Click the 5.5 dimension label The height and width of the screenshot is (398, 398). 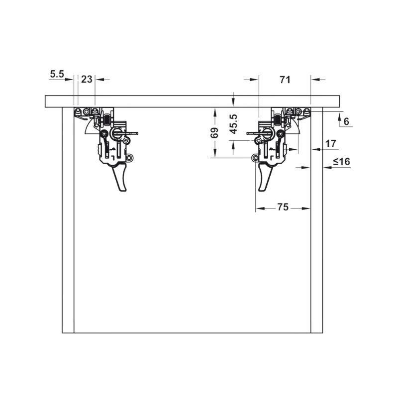57,74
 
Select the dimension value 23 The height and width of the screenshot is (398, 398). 87,80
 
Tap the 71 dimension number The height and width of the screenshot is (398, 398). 285,80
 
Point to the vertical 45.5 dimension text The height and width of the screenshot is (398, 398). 233,124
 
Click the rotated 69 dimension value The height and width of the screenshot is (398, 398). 214,133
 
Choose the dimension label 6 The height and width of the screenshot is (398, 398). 346,121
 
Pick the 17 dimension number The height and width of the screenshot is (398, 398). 331,144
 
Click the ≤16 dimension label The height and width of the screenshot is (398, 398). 341,161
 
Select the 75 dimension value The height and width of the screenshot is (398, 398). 283,207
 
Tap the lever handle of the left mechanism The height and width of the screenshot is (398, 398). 119,177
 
